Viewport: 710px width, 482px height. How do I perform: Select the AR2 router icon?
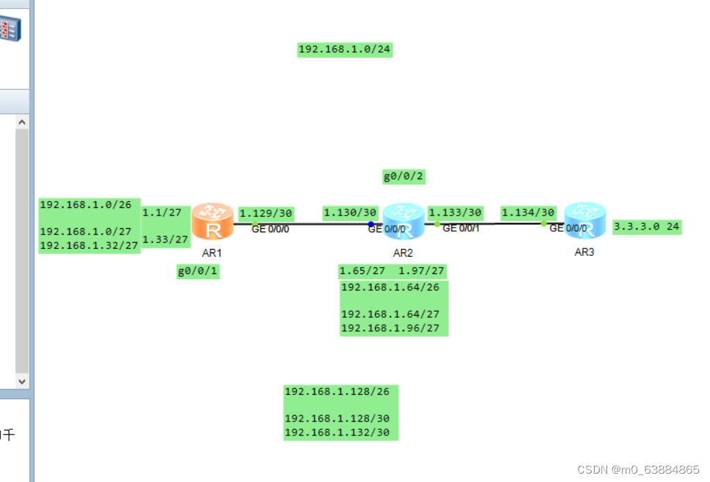(x=403, y=220)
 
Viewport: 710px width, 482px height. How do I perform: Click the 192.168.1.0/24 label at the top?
(x=345, y=49)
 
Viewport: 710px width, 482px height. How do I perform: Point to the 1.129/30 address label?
(x=266, y=213)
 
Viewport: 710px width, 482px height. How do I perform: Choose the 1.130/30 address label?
(x=349, y=212)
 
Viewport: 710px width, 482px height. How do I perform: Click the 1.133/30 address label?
(x=455, y=212)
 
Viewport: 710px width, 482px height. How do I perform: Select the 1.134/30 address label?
(x=528, y=212)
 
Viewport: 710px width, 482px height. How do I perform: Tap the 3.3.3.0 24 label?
(x=646, y=227)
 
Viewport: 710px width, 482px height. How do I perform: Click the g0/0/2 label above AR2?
(x=403, y=177)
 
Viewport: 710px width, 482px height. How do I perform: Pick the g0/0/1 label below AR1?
(x=198, y=272)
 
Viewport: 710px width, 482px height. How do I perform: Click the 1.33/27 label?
(x=165, y=240)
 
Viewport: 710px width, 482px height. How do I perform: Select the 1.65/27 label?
(x=361, y=271)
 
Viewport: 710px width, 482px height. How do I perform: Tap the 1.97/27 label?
(x=421, y=271)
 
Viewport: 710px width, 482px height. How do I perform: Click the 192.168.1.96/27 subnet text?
(x=390, y=328)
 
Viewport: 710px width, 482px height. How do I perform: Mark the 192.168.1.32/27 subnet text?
(x=89, y=246)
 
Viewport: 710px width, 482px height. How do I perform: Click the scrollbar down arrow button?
(x=22, y=381)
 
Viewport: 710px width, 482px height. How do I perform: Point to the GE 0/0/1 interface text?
(x=461, y=228)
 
